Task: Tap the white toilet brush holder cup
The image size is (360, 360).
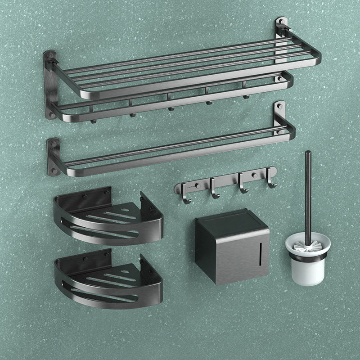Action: click(x=306, y=270)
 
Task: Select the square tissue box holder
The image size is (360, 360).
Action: click(x=232, y=247)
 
